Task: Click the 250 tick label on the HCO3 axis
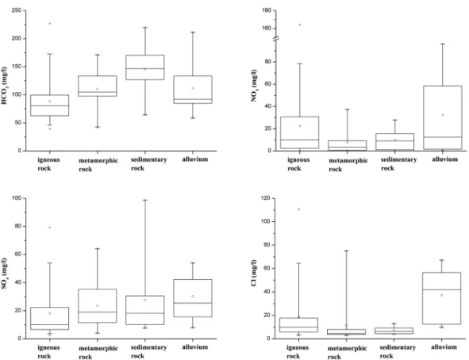[17, 10]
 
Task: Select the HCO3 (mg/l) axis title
[4, 86]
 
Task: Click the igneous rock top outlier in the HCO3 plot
[50, 23]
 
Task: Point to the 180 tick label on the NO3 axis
[266, 10]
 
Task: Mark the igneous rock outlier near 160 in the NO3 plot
[300, 25]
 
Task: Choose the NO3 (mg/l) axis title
[254, 86]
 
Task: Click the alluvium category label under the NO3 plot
[444, 159]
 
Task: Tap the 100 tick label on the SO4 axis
[17, 198]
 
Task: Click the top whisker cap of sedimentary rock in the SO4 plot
[145, 200]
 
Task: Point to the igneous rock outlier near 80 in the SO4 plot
[50, 228]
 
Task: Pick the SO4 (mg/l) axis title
[4, 274]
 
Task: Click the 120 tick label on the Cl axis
[266, 198]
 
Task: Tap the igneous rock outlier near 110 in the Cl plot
[298, 209]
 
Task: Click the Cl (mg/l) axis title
[254, 273]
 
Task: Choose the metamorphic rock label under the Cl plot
[348, 353]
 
